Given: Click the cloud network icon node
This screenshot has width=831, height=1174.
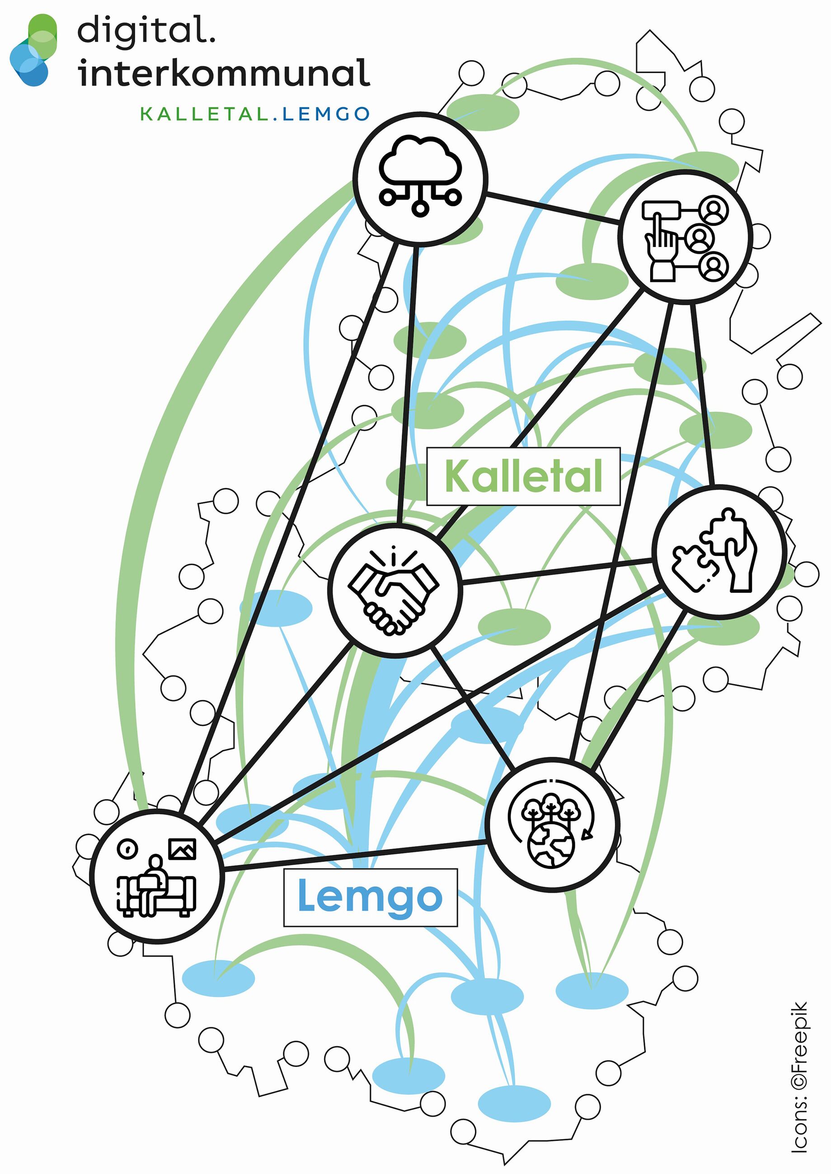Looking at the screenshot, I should [420, 178].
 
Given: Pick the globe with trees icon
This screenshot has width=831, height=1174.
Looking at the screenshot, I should [552, 825].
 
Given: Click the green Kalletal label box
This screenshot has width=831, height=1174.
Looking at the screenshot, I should [523, 476].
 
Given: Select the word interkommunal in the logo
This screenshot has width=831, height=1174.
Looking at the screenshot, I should [224, 73].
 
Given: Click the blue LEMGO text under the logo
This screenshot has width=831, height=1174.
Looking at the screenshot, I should [326, 114].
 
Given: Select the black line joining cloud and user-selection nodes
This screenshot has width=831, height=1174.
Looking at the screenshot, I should [553, 208].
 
